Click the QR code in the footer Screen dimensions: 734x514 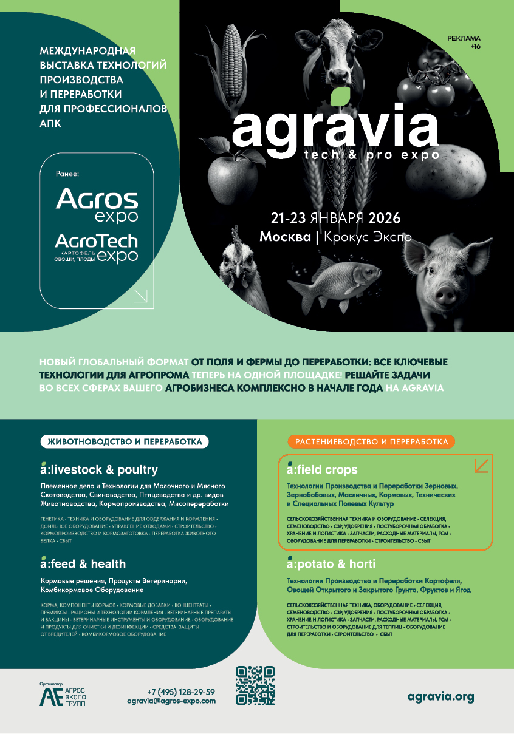(256, 685)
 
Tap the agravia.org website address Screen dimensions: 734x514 (440, 696)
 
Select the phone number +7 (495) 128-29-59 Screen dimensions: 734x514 (180, 692)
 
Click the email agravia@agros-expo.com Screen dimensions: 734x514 (171, 701)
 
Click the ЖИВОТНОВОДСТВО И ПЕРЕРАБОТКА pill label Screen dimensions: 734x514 (125, 441)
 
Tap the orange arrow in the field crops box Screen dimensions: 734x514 (481, 465)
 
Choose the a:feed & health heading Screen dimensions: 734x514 (83, 563)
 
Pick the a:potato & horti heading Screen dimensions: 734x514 (332, 563)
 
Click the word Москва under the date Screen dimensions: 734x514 (285, 237)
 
